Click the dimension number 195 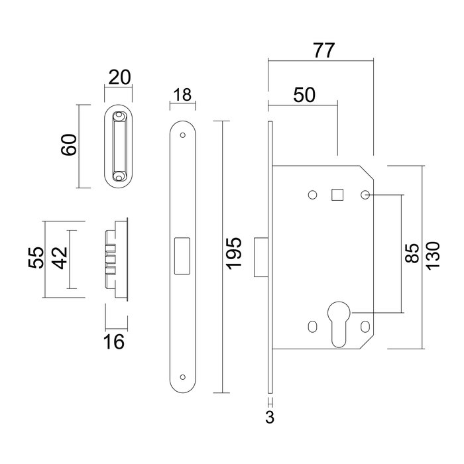click(x=234, y=255)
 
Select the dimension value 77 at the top click(x=321, y=50)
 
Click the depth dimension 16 click(x=115, y=342)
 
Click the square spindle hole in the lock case click(x=337, y=194)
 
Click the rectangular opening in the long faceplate click(x=181, y=255)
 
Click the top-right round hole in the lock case click(x=365, y=196)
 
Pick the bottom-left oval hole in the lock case click(x=312, y=326)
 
